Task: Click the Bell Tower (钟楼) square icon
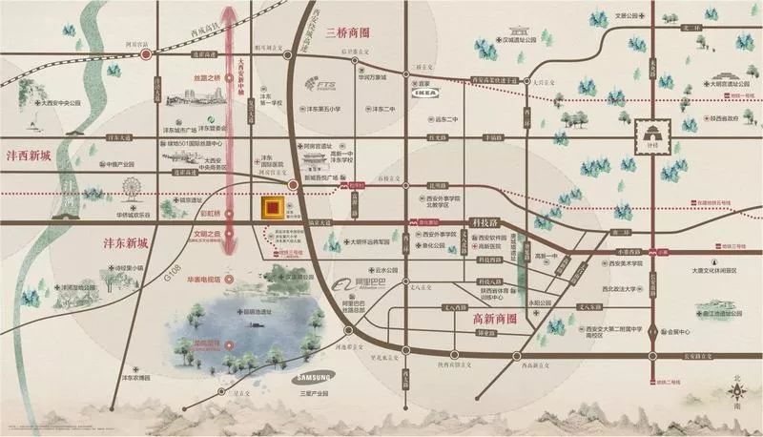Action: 654,140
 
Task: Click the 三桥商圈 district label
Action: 350,35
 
